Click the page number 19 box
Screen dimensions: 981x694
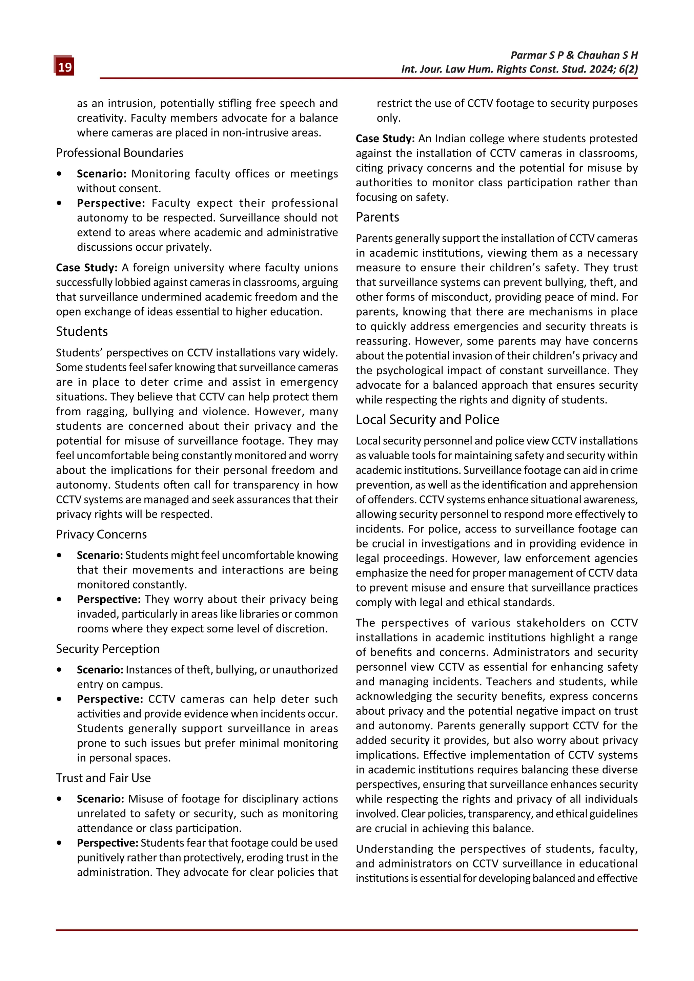(x=64, y=67)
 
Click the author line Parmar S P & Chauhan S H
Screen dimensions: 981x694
(x=574, y=55)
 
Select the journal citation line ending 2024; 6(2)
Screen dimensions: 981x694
(x=519, y=69)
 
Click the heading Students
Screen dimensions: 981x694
(x=82, y=332)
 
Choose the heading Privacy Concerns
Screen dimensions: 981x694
(x=101, y=534)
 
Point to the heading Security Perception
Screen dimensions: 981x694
(x=108, y=649)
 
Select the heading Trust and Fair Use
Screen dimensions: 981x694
(x=103, y=778)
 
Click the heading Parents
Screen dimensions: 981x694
(x=377, y=217)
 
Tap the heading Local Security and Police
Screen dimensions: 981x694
(x=427, y=420)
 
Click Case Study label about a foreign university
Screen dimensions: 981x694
(x=87, y=268)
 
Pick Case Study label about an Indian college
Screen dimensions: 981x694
(x=385, y=139)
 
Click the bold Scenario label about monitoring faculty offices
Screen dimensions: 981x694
(x=101, y=174)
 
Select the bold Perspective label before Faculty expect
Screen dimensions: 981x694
(x=111, y=203)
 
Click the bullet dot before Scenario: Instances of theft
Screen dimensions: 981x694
(x=59, y=670)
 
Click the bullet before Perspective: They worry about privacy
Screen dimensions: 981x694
(x=59, y=600)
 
